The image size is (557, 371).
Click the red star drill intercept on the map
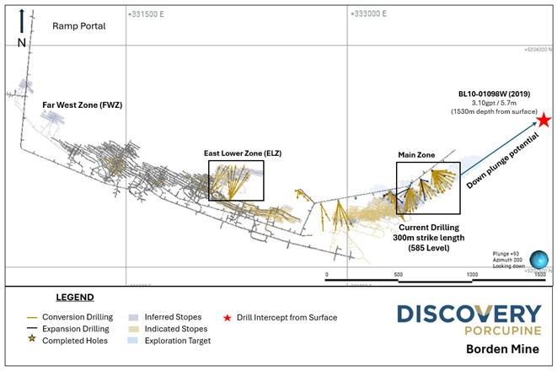click(544, 120)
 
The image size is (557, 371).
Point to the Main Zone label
click(416, 155)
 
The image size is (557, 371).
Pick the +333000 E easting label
click(375, 14)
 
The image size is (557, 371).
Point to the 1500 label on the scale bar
click(540, 275)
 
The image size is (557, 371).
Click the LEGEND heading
click(75, 298)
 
